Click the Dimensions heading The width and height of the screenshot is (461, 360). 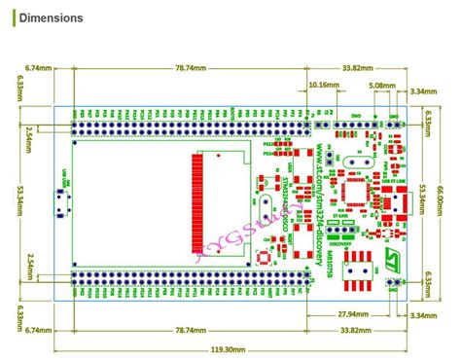[x=50, y=18]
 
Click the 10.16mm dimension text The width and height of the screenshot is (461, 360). [x=324, y=86]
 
